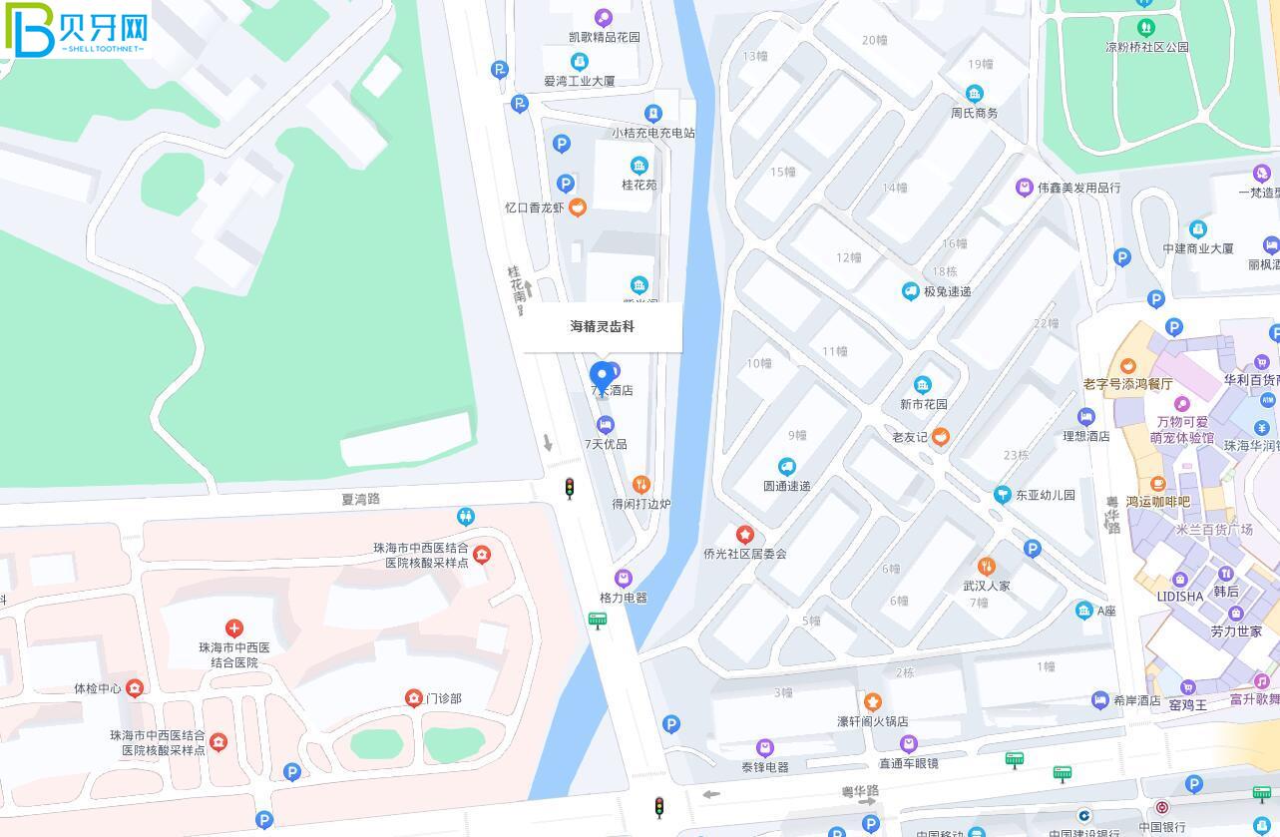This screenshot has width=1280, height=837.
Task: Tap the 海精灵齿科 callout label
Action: (603, 326)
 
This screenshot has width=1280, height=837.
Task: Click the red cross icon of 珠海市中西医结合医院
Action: (234, 628)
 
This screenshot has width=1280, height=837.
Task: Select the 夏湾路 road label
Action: (361, 498)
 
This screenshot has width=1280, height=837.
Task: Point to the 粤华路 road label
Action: (860, 791)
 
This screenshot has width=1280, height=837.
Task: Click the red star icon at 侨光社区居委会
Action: (744, 535)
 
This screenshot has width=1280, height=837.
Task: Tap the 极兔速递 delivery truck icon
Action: (910, 291)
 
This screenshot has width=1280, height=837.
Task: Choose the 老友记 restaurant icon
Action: (940, 436)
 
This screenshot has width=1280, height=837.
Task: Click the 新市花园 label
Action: (924, 404)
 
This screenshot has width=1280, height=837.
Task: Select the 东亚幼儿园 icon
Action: (1003, 495)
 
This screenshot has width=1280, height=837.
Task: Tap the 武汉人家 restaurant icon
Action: (986, 567)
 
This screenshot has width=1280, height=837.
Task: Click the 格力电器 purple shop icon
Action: (624, 579)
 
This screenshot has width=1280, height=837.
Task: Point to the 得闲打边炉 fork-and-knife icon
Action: (641, 485)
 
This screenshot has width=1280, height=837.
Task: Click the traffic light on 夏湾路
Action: (570, 488)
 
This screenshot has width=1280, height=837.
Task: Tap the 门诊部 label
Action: (443, 698)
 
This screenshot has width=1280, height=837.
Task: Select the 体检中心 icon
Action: (135, 688)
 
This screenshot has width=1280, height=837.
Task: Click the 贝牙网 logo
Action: (77, 30)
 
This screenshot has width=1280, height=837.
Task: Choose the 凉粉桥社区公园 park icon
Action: (1145, 27)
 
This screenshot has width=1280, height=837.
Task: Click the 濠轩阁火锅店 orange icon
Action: (873, 702)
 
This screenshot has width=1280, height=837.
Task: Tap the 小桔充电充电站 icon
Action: (653, 114)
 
